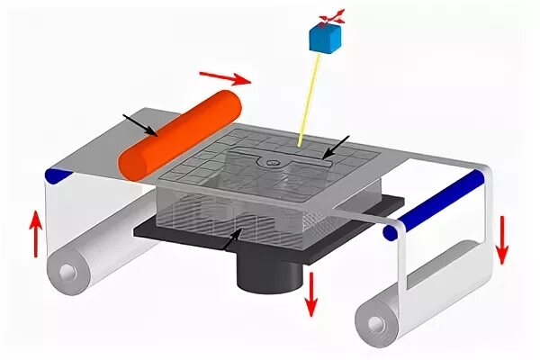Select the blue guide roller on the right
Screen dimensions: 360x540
[x=433, y=206]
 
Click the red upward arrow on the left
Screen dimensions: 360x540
[x=35, y=232]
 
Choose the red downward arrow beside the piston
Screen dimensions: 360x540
[x=310, y=293]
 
